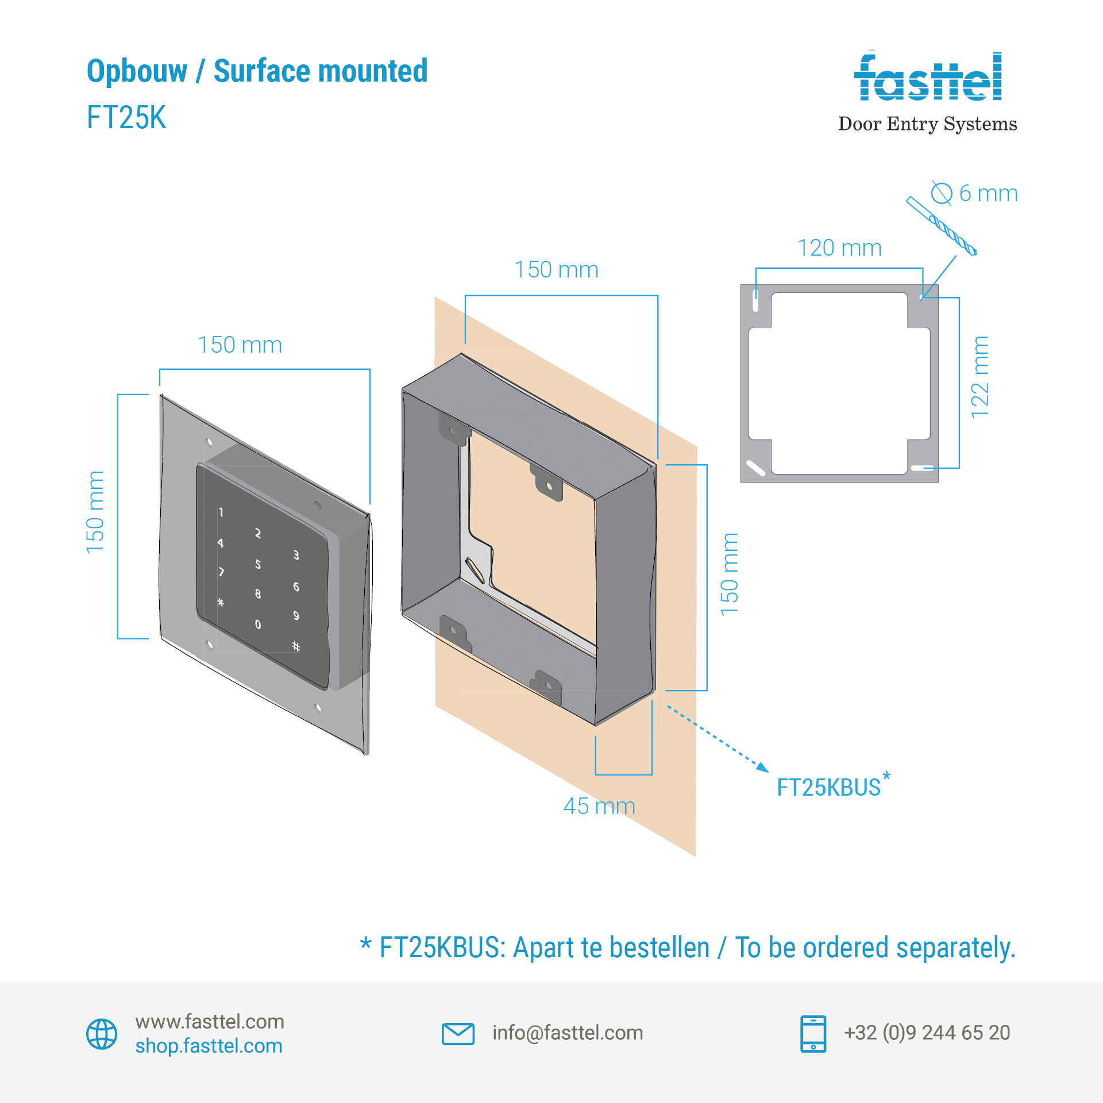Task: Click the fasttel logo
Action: (x=927, y=78)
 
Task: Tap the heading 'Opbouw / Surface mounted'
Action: (x=257, y=71)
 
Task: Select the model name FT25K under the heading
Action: (x=126, y=117)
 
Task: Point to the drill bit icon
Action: (x=942, y=226)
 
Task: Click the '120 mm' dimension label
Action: (x=839, y=248)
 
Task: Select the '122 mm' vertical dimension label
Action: (x=980, y=377)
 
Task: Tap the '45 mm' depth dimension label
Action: (x=599, y=806)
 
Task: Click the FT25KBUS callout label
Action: (x=828, y=788)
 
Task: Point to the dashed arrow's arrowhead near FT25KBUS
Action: (x=763, y=768)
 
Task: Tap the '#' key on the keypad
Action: (x=296, y=646)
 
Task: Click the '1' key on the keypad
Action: (x=221, y=512)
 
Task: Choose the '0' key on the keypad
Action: (x=258, y=624)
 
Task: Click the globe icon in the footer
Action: (x=102, y=1034)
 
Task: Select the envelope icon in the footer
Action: (x=458, y=1033)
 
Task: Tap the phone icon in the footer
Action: (x=813, y=1033)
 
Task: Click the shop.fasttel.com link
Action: (x=209, y=1046)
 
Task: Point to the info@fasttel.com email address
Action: (x=568, y=1033)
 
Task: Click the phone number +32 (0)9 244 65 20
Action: (x=927, y=1033)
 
